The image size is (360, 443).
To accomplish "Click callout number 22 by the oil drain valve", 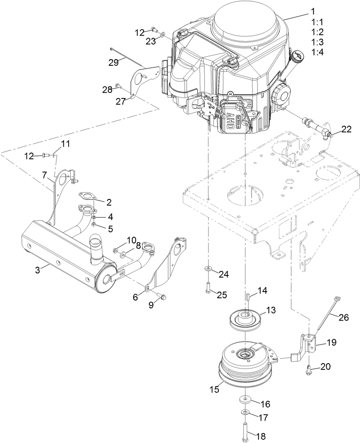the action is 346,129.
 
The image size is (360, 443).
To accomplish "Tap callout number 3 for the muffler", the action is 38,270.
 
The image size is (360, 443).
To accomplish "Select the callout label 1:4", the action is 317,52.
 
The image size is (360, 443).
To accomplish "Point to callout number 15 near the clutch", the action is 214,390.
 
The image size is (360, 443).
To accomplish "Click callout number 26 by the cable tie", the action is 343,317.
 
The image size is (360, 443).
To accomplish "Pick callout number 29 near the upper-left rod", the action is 114,62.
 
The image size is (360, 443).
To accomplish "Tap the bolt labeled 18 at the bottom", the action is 245,430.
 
